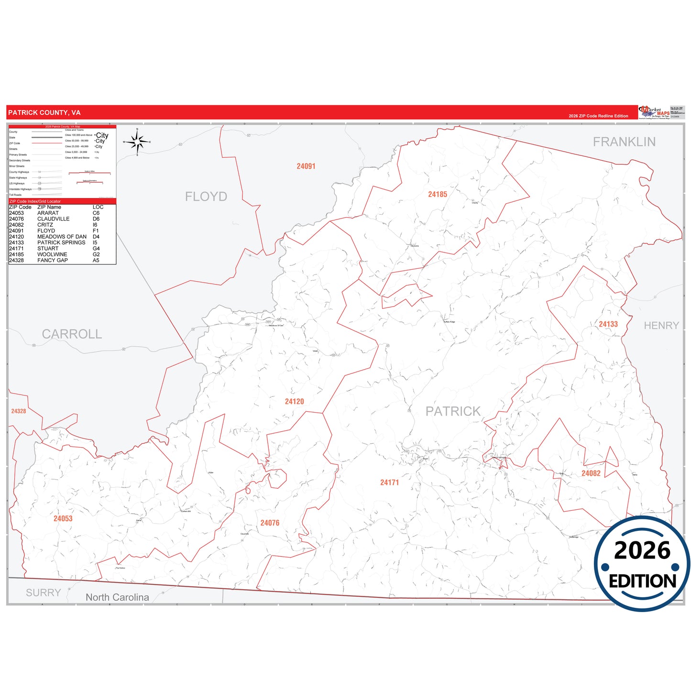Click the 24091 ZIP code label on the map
(x=306, y=166)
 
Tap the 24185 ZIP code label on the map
(x=438, y=194)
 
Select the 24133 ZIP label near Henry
(x=608, y=324)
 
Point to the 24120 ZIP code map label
(x=294, y=402)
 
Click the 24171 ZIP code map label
(x=389, y=483)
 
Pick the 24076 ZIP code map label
(x=270, y=523)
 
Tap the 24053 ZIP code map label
(x=63, y=519)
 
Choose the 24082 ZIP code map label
(x=591, y=473)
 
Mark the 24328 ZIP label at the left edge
(x=19, y=411)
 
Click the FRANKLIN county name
(x=624, y=142)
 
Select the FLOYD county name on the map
(x=206, y=197)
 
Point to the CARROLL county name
(x=72, y=334)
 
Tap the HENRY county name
(x=661, y=326)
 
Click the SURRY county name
(x=44, y=593)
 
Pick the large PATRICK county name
(x=453, y=411)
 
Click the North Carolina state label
(x=117, y=597)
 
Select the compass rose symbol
(x=137, y=142)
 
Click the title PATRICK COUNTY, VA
(x=44, y=113)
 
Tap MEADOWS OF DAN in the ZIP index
(x=62, y=237)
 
